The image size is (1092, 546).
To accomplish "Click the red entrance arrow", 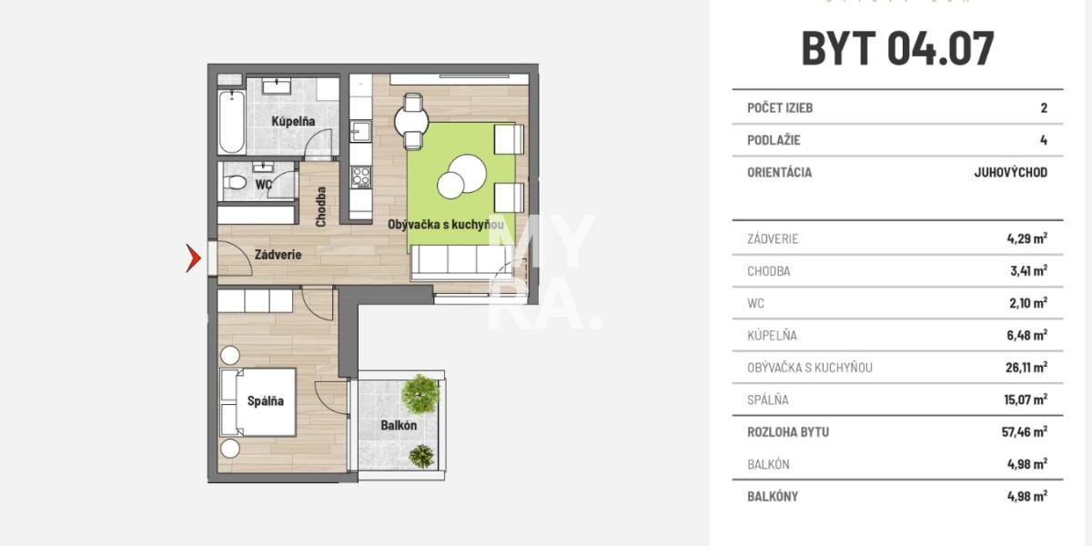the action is tap(194, 258).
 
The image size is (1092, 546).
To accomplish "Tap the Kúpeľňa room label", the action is tap(293, 121).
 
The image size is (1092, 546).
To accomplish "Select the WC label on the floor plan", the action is tap(263, 185).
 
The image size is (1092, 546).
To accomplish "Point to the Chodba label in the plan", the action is tap(320, 207).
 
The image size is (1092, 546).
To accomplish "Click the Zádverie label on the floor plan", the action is tap(278, 255).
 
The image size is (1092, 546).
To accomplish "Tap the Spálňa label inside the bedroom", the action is tap(265, 400).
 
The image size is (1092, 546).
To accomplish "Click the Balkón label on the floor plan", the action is tap(399, 425).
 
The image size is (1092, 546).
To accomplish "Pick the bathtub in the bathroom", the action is tap(231, 122).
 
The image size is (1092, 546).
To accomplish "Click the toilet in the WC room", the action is tap(235, 183).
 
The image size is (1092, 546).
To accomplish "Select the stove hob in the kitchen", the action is tap(360, 177).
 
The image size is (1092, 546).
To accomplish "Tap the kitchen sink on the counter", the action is tap(360, 132).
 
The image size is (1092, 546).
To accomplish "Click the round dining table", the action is tap(411, 122).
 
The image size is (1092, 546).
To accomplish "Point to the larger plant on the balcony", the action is tap(420, 394).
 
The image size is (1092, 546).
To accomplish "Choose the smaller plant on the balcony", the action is tap(421, 456).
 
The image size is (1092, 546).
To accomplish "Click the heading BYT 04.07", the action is tap(897, 48).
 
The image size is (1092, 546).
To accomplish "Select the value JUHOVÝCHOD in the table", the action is tap(1011, 173).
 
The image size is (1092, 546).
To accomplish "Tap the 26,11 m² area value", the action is tap(1026, 367).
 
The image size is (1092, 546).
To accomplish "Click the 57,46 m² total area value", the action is tap(1025, 431).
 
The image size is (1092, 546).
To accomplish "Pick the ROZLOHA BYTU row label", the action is tap(788, 432).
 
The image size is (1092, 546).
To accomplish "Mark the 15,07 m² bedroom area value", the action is tap(1026, 399).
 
